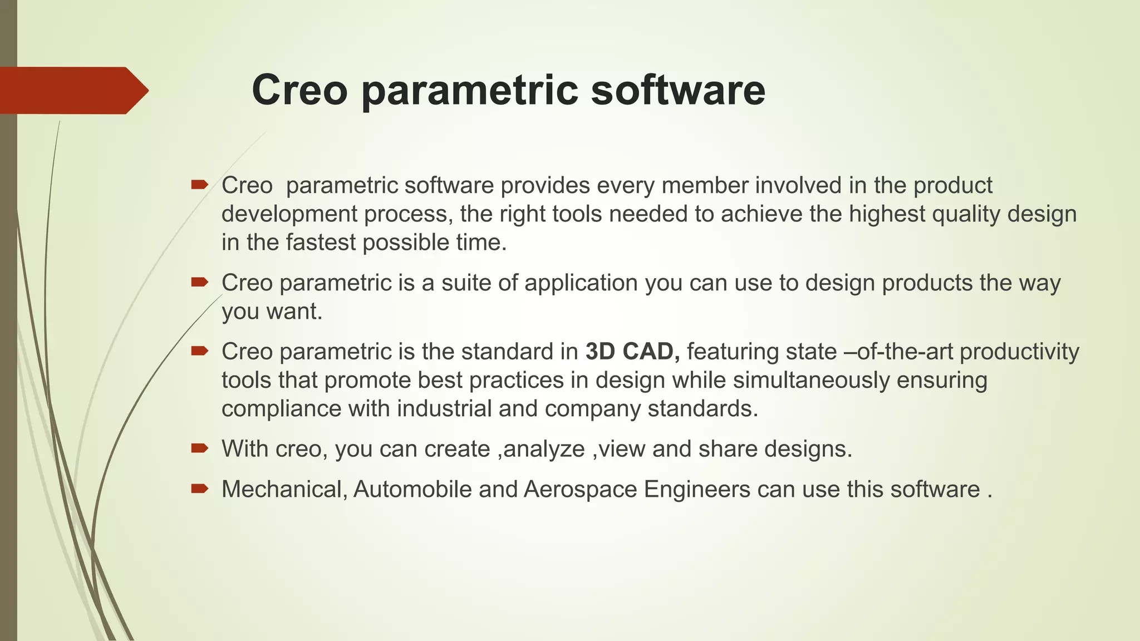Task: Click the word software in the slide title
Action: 677,90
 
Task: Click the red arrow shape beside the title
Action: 72,91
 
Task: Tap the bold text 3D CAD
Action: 632,352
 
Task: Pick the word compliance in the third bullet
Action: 281,410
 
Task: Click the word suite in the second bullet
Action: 466,283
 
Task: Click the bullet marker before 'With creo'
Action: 199,448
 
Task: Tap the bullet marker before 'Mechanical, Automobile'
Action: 199,489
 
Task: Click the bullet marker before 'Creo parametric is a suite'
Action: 199,282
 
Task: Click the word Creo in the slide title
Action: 299,90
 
